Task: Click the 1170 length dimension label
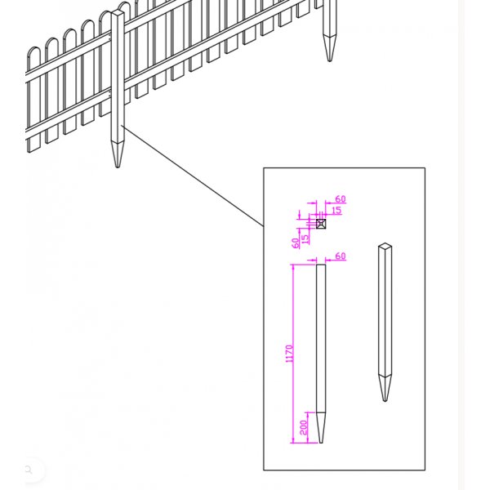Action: (290, 354)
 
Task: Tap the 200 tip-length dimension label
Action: (304, 427)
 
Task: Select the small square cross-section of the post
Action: (321, 224)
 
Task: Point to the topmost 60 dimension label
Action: (341, 199)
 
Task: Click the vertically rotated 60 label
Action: (296, 243)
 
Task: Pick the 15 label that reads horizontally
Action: (336, 211)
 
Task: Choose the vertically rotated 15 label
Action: (305, 239)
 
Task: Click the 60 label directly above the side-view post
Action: (341, 256)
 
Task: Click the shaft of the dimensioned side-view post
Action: (321, 338)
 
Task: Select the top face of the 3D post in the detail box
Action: (385, 246)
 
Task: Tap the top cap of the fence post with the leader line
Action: (118, 12)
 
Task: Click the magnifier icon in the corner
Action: (29, 470)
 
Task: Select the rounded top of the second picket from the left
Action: (51, 42)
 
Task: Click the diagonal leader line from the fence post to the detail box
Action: (193, 176)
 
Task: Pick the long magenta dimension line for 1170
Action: (293, 354)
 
